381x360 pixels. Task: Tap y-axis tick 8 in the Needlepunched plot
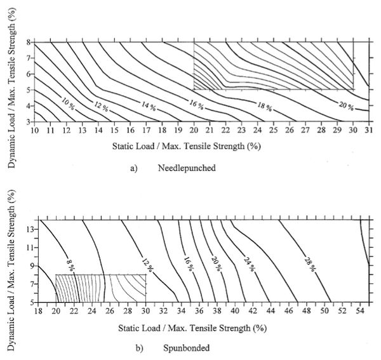27,43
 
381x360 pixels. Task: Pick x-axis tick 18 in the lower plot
39,311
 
